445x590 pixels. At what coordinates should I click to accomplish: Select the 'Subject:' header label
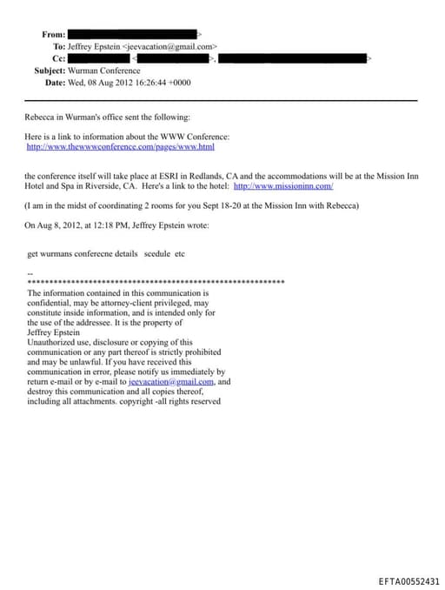coord(50,70)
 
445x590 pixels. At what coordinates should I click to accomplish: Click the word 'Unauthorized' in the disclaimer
coord(50,342)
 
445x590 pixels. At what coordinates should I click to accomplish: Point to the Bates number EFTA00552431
coord(409,580)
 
